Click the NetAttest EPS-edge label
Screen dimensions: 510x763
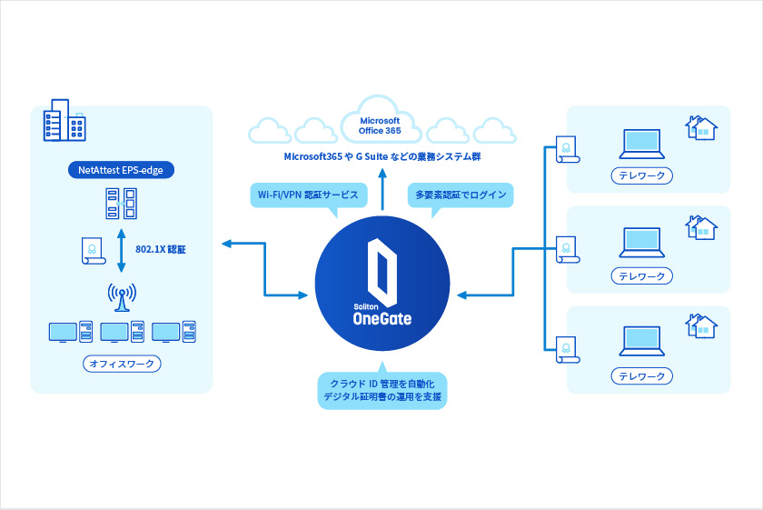[122, 169]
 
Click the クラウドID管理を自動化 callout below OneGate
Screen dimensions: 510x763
[381, 390]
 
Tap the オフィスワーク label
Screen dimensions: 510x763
[122, 364]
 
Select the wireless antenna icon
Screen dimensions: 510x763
[122, 296]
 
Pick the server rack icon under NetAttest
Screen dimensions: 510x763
[122, 204]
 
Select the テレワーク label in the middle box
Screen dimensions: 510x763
[642, 275]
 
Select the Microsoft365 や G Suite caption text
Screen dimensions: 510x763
[381, 157]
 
